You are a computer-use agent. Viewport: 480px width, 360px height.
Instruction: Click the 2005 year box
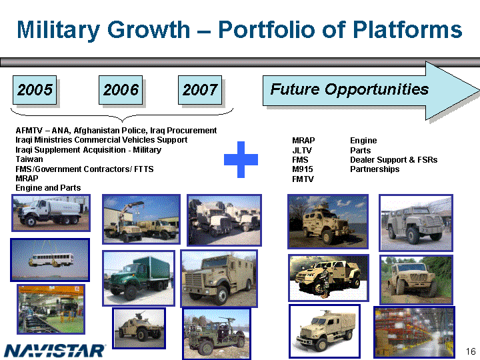[x=35, y=90]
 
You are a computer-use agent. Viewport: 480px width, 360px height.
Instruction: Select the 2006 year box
[x=121, y=90]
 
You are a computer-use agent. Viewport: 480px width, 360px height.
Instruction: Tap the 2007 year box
[x=200, y=90]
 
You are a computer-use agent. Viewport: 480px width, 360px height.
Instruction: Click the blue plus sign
[x=241, y=159]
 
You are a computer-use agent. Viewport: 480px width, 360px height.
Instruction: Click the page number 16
[x=471, y=351]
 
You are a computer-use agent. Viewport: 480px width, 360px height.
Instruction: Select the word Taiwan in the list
[x=29, y=159]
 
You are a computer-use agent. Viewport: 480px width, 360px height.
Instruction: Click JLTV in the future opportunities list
[x=302, y=150]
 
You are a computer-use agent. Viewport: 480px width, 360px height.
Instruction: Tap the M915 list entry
[x=303, y=169]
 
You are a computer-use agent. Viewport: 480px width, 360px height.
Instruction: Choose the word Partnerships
[x=375, y=169]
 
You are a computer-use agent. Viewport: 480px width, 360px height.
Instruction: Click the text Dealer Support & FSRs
[x=394, y=160]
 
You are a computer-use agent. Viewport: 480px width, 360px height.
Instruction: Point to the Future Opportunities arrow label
[x=349, y=89]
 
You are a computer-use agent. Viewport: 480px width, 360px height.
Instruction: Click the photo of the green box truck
[x=139, y=278]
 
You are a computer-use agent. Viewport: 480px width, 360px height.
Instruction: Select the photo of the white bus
[x=50, y=260]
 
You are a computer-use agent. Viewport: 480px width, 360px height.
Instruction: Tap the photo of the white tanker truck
[x=51, y=213]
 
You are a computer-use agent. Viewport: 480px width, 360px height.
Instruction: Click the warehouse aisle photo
[x=414, y=332]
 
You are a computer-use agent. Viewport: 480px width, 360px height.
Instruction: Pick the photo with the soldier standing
[x=328, y=277]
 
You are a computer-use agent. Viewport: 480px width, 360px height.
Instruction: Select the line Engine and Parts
[x=48, y=187]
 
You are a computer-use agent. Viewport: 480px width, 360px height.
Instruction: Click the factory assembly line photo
[x=51, y=309]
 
